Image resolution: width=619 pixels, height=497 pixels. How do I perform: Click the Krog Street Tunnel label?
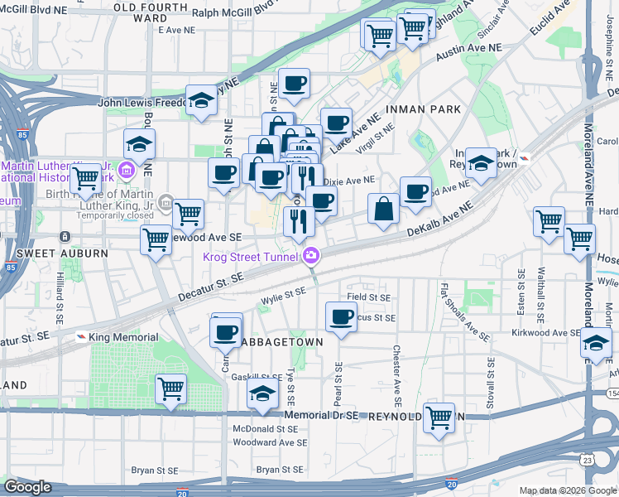pyautogui.click(x=253, y=256)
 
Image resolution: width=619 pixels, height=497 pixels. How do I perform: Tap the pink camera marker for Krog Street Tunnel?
pyautogui.click(x=311, y=255)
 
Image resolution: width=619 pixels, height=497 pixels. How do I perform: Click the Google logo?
pyautogui.click(x=27, y=487)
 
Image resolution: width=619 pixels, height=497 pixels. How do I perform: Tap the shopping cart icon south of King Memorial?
pyautogui.click(x=170, y=388)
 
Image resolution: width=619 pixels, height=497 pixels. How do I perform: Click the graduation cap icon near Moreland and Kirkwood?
pyautogui.click(x=595, y=344)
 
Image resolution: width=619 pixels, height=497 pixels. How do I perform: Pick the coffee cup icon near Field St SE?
pyautogui.click(x=341, y=316)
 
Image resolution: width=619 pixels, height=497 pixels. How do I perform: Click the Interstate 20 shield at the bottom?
pyautogui.click(x=181, y=492)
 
